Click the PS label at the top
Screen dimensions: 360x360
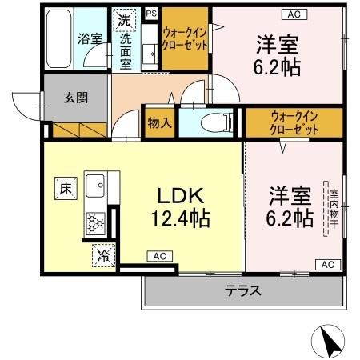151,13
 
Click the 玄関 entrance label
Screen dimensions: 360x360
76,98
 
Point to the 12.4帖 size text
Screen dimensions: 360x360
180,218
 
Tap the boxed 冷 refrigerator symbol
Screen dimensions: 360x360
104,255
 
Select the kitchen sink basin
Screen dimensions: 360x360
96,186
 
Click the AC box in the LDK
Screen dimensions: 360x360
158,256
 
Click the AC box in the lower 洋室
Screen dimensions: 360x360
326,264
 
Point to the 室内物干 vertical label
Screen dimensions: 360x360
330,210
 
